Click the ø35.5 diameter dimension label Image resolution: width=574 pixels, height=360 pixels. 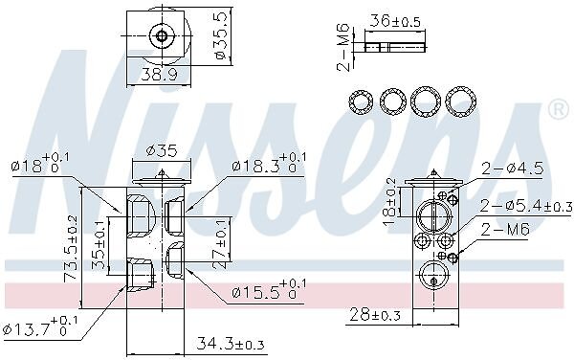coord(222,35)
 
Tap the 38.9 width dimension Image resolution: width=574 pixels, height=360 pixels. coord(159,75)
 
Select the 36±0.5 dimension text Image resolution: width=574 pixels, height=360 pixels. coord(394,22)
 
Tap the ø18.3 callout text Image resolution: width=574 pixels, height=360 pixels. coord(269,164)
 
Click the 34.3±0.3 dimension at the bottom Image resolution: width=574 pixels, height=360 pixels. coord(231,345)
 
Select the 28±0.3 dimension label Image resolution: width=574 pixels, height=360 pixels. coord(375,315)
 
